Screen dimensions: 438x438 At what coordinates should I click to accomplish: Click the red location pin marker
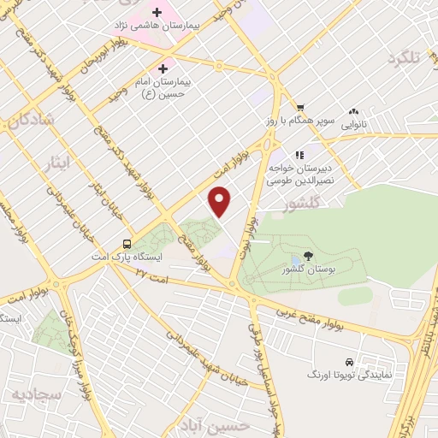(x=221, y=200)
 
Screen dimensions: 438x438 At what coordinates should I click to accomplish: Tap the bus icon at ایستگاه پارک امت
(x=127, y=242)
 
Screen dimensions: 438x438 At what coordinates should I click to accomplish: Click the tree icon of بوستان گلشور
(x=308, y=256)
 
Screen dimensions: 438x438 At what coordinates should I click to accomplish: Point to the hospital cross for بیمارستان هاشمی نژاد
(x=157, y=13)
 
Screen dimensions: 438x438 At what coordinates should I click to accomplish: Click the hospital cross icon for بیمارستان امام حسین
(x=163, y=68)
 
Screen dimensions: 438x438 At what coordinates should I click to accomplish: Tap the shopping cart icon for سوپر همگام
(x=300, y=108)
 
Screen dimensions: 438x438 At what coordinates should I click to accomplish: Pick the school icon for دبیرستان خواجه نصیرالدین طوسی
(x=299, y=155)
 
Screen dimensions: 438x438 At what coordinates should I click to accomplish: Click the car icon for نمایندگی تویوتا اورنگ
(x=348, y=362)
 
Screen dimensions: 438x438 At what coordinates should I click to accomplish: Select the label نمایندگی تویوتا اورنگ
(x=349, y=376)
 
